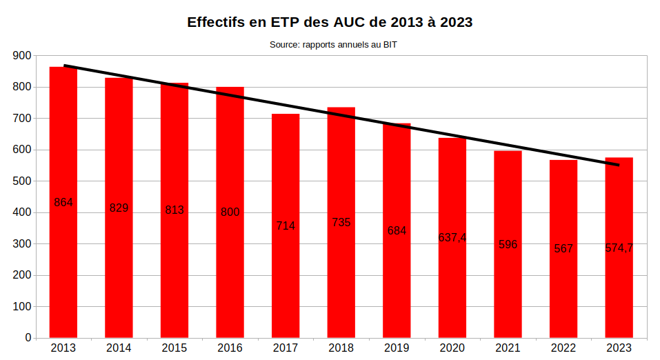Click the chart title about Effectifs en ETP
point(330,22)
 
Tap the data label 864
point(63,202)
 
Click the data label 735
point(341,222)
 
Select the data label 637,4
point(452,237)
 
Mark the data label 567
point(563,248)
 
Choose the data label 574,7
point(619,248)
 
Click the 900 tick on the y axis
point(22,56)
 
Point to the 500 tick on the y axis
point(22,181)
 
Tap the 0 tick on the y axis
point(28,338)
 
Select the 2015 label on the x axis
point(174,348)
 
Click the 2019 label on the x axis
point(397,348)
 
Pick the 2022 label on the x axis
point(563,348)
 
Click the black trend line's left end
point(65,66)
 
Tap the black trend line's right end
point(618,165)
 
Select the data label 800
point(230,212)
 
